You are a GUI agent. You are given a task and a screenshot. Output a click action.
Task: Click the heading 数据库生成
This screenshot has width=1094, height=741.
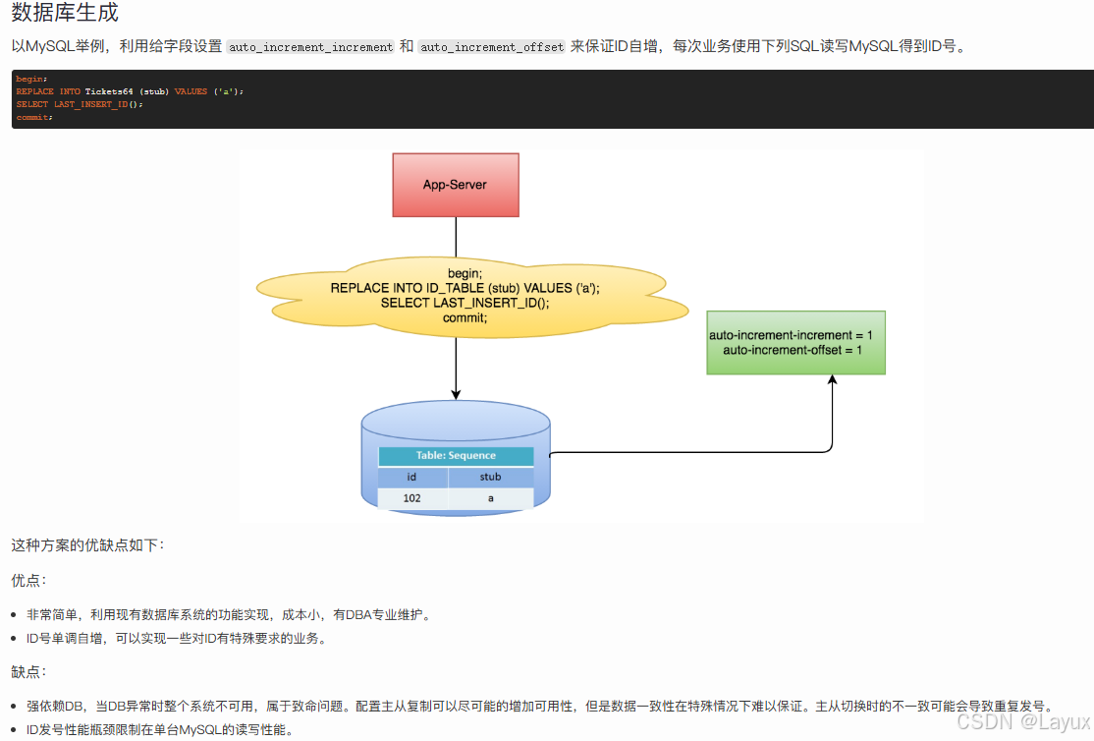(x=65, y=15)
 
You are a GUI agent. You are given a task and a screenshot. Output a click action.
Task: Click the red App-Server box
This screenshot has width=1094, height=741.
(x=455, y=185)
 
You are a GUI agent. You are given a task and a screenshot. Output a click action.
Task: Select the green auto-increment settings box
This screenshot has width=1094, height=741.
(x=795, y=342)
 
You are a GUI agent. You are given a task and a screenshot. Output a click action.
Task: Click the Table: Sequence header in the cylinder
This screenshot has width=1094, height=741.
(x=456, y=456)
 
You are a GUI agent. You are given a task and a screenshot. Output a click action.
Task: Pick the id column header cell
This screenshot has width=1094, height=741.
(x=412, y=477)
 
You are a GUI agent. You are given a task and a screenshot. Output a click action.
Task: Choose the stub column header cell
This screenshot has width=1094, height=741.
(x=490, y=477)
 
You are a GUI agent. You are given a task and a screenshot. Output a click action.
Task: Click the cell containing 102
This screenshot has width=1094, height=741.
(x=412, y=498)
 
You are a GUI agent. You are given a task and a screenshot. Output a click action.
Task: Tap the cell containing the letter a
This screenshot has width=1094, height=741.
(x=490, y=498)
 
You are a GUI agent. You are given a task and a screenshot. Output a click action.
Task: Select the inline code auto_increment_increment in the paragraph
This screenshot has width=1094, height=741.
(x=310, y=47)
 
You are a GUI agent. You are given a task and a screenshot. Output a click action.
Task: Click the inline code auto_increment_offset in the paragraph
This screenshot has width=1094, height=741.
(x=492, y=47)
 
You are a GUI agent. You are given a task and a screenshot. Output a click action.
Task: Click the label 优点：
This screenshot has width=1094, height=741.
(x=29, y=581)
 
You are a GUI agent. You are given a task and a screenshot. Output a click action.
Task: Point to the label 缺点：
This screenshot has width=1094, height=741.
(x=29, y=672)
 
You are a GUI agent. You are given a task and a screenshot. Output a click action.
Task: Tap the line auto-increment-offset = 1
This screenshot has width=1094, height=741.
(x=792, y=351)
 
